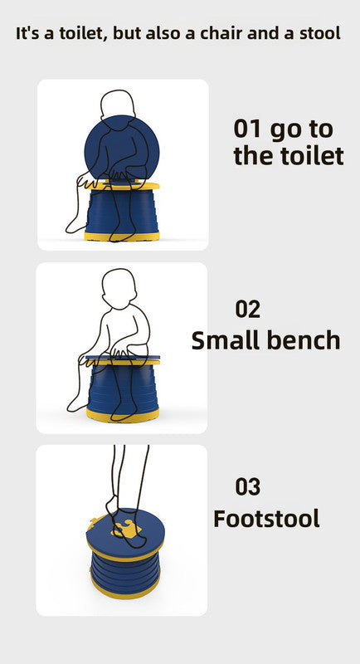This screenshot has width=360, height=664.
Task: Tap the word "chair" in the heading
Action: coord(221,33)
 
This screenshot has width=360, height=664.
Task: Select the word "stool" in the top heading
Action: coord(319,33)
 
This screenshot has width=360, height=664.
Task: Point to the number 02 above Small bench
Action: coord(248,309)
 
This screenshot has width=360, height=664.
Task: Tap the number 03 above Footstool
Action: coord(248,487)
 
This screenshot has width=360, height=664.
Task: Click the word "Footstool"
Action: coord(266,518)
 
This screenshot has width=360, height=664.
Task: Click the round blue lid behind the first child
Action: coord(122,148)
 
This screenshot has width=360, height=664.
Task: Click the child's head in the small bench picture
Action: coord(119,288)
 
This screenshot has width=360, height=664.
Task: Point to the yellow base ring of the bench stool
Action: coord(123,414)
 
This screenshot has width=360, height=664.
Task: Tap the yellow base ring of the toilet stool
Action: coord(122,236)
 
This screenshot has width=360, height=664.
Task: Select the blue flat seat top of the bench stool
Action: coord(123,359)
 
